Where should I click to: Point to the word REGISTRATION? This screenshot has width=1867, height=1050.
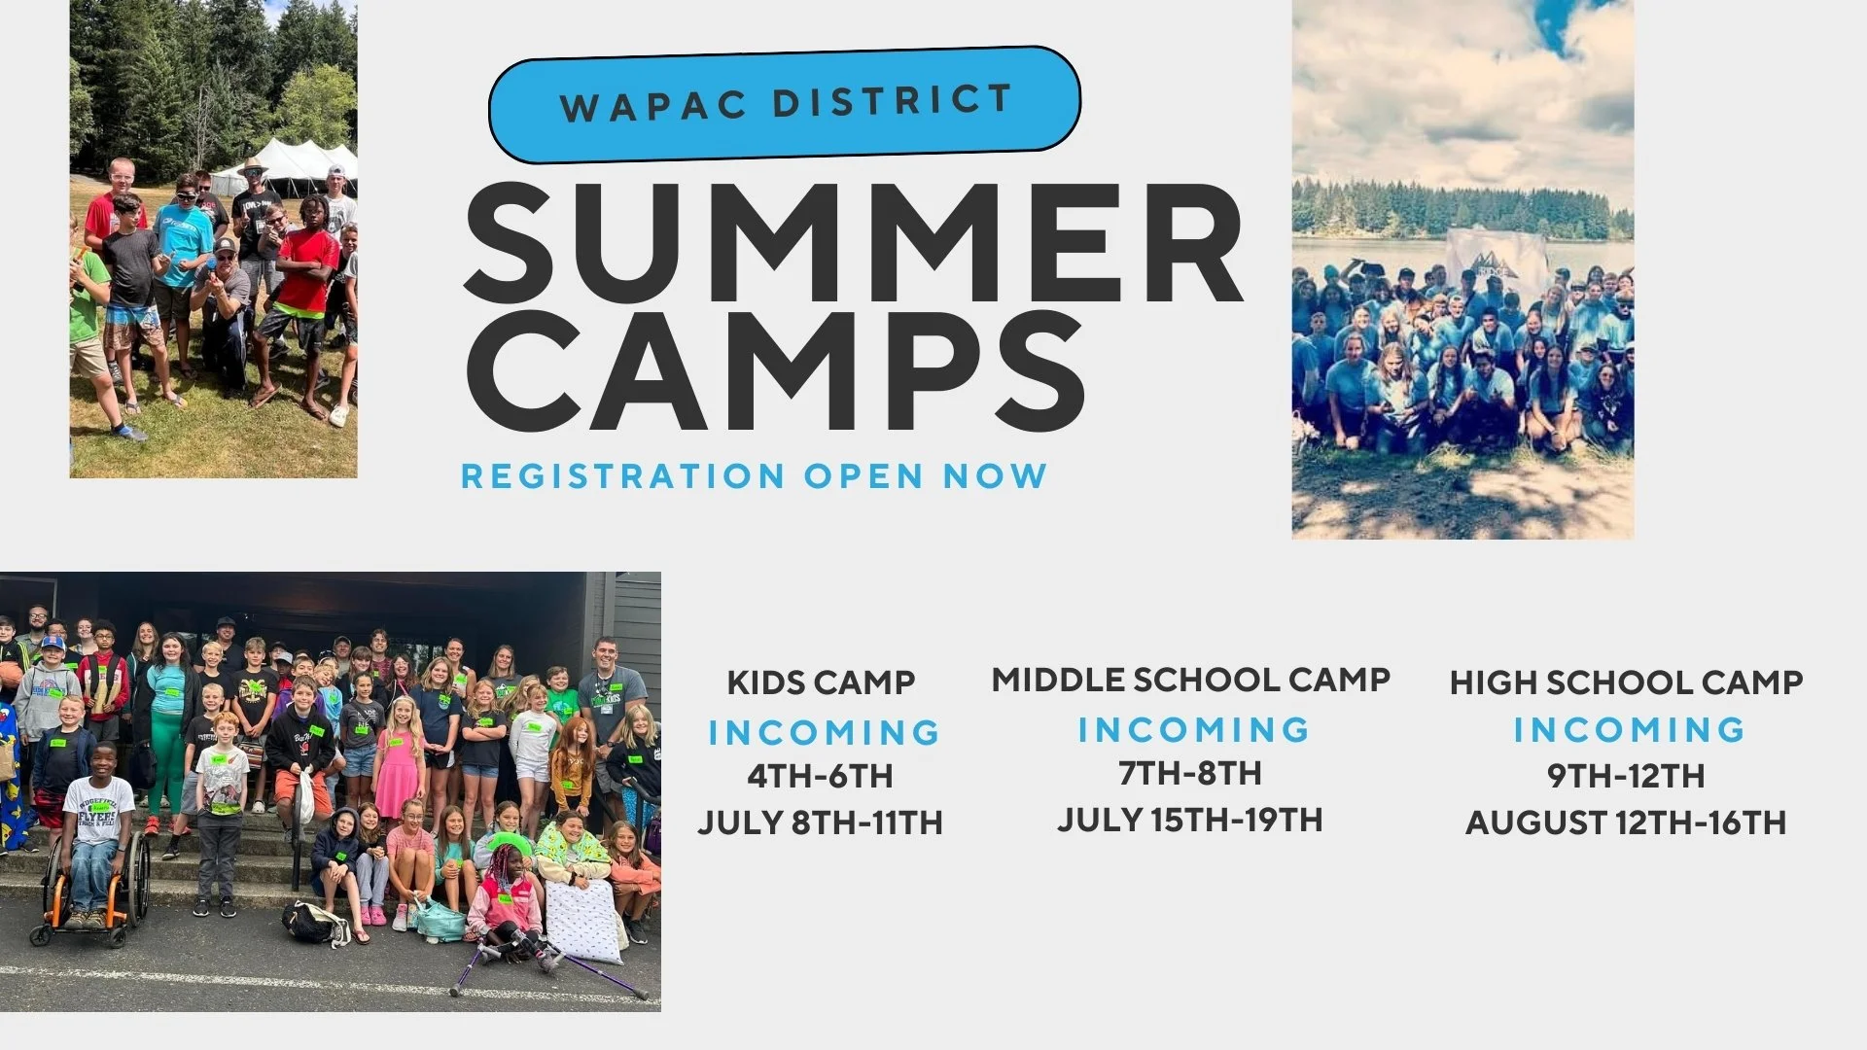click(x=623, y=476)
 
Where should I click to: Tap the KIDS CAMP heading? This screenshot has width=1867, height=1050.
click(x=821, y=682)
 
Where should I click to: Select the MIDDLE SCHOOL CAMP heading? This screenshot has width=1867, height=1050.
click(x=1190, y=680)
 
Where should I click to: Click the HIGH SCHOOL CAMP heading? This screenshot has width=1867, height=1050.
click(x=1626, y=682)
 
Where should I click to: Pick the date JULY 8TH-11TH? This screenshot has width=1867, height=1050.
click(x=820, y=823)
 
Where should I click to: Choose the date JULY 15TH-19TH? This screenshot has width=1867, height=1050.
click(x=1190, y=820)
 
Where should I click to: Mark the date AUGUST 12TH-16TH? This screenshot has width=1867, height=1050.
click(x=1626, y=823)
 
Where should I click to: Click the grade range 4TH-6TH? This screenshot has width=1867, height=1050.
click(x=820, y=777)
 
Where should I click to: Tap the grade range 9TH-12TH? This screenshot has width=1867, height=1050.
click(x=1626, y=776)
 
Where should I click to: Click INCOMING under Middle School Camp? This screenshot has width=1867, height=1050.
click(x=1194, y=729)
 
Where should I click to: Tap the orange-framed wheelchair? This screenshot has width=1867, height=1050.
click(x=92, y=890)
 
